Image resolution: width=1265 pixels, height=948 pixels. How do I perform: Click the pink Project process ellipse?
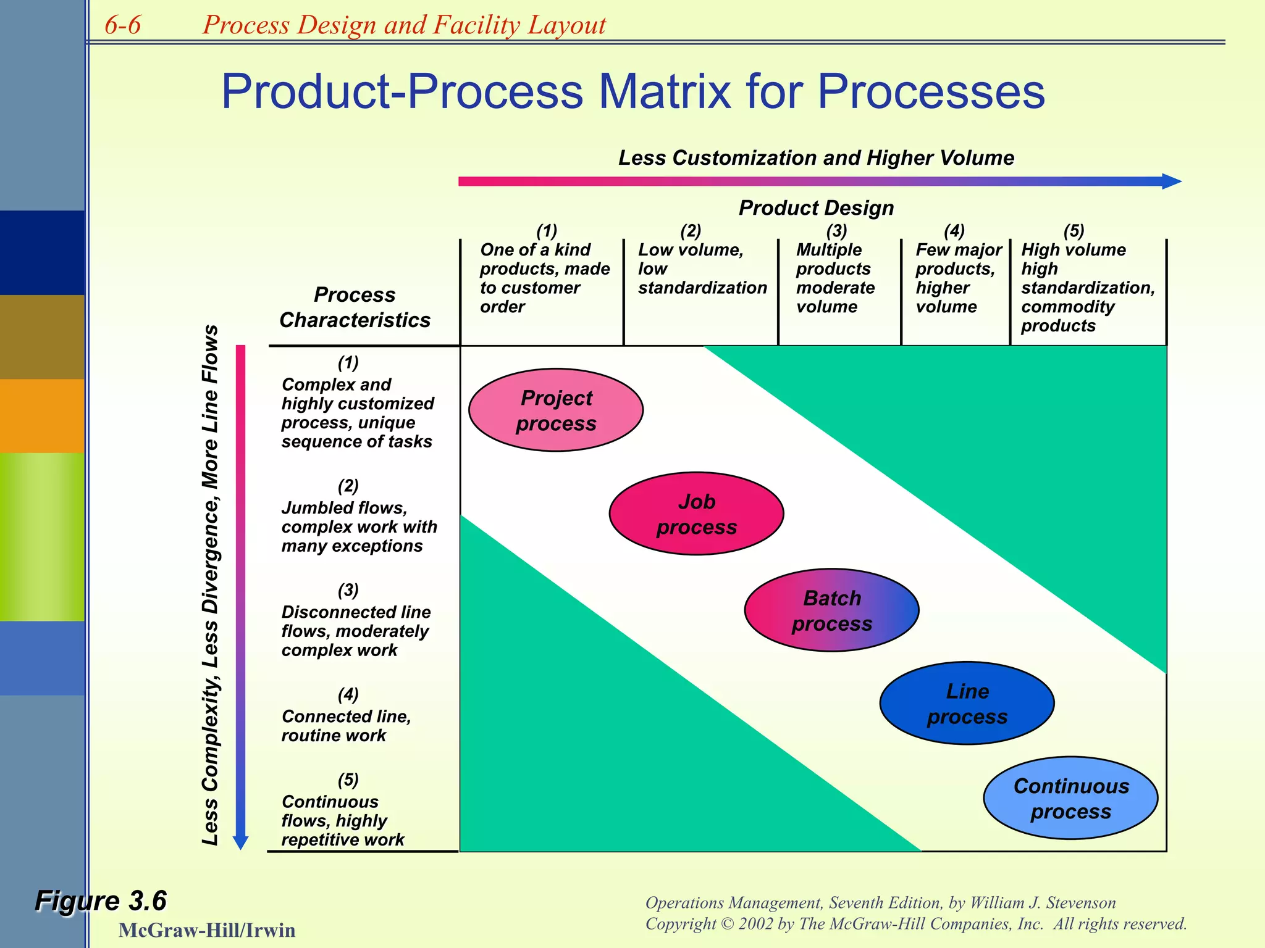tap(556, 410)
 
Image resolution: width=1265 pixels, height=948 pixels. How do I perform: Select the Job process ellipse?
tap(696, 513)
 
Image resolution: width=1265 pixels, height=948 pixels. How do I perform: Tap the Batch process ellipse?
tap(831, 610)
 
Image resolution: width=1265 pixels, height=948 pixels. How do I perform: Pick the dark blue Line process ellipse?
tap(967, 704)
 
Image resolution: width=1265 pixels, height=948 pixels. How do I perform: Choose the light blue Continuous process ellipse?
tap(1070, 798)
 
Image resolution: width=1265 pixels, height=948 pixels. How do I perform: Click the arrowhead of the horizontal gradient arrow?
tap(1171, 181)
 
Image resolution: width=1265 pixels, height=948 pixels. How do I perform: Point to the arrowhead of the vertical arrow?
tap(241, 842)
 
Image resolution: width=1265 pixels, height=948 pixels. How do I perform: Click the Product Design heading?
tap(816, 208)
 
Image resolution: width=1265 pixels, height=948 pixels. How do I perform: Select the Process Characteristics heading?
tap(355, 307)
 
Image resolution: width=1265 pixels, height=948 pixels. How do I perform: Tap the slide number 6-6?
tap(122, 25)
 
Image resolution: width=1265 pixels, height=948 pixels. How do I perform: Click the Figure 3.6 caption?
tap(101, 900)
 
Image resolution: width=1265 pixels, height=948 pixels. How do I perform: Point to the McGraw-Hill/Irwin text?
tap(206, 930)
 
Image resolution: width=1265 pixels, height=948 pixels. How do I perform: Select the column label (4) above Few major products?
tap(954, 231)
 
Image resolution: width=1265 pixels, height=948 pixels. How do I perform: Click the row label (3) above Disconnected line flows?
tap(348, 590)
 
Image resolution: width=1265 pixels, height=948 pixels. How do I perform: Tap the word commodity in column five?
tap(1067, 307)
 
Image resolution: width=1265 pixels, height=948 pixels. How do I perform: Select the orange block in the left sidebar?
tap(42, 416)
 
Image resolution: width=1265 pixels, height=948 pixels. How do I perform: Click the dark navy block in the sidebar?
tap(42, 252)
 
